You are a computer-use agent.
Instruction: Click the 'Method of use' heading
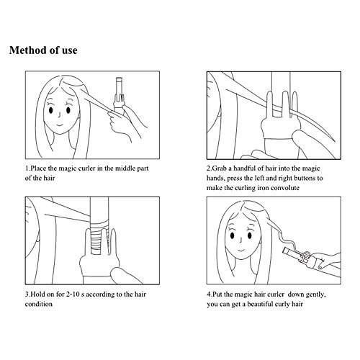[x=43, y=50]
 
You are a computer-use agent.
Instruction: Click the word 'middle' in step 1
[x=125, y=168]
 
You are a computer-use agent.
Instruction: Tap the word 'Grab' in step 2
[x=220, y=168]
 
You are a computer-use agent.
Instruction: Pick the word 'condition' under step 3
[x=39, y=304]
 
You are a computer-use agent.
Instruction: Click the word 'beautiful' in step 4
[x=260, y=304]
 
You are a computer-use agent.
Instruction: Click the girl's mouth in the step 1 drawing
[x=59, y=125]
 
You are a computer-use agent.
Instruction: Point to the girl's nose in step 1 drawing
[x=60, y=114]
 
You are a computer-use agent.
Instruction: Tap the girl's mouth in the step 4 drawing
[x=241, y=250]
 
